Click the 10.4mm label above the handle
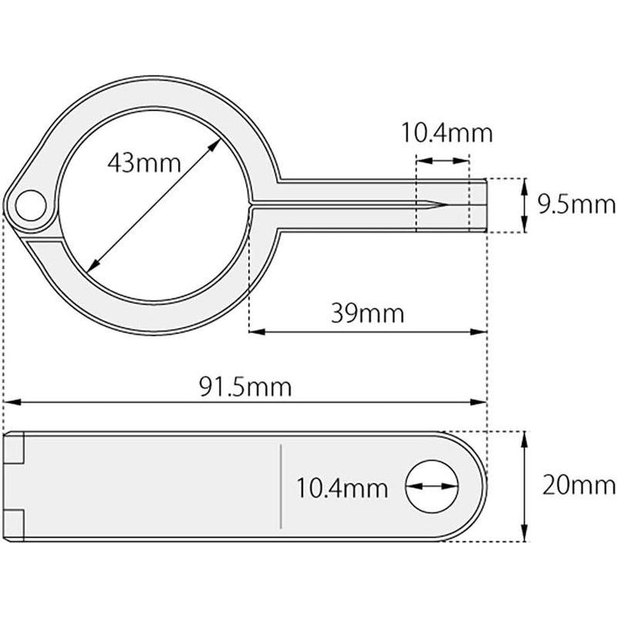pos(445,133)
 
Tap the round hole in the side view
pos(432,487)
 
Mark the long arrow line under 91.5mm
pos(245,402)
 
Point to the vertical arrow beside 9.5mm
pos(524,204)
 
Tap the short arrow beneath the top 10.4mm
pos(442,161)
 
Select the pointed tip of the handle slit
pos(444,205)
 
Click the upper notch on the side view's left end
pos(17,448)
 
